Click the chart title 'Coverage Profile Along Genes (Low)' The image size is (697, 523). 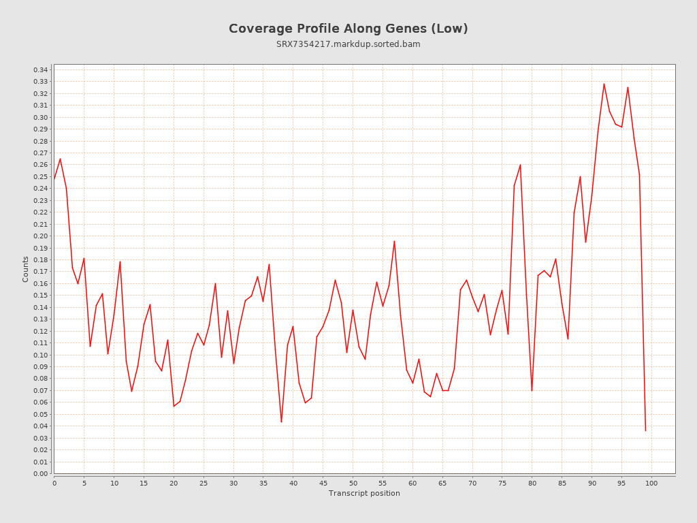pyautogui.click(x=348, y=29)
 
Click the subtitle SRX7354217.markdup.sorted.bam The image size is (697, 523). pyautogui.click(x=348, y=44)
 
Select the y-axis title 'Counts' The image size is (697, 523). pyautogui.click(x=26, y=269)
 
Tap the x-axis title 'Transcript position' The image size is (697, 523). pyautogui.click(x=364, y=493)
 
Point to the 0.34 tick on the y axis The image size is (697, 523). pyautogui.click(x=40, y=69)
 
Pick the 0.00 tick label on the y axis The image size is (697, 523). pyautogui.click(x=40, y=473)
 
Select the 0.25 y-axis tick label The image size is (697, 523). pyautogui.click(x=40, y=176)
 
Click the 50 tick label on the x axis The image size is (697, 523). pyautogui.click(x=353, y=483)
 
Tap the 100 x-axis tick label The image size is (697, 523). pyautogui.click(x=651, y=483)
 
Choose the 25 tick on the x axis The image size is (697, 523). pyautogui.click(x=204, y=483)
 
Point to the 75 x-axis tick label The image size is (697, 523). pyautogui.click(x=502, y=483)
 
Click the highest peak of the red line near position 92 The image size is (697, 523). pyautogui.click(x=604, y=84)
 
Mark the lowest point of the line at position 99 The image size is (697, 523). pyautogui.click(x=645, y=430)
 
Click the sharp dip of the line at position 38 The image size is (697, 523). pyautogui.click(x=281, y=422)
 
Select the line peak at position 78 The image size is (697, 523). pyautogui.click(x=520, y=165)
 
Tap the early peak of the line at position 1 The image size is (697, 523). pyautogui.click(x=60, y=159)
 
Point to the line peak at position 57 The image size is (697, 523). pyautogui.click(x=394, y=241)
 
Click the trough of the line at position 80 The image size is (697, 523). pyautogui.click(x=532, y=390)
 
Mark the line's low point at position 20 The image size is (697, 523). pyautogui.click(x=174, y=406)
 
